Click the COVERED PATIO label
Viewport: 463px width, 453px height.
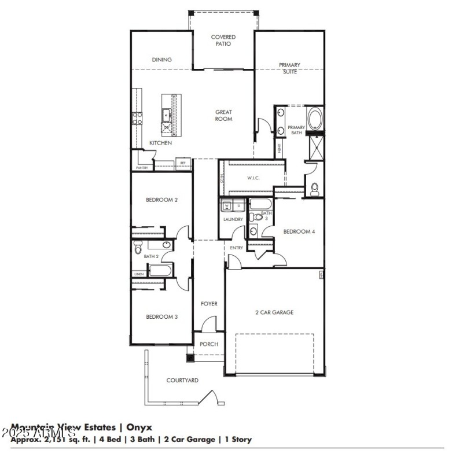point(223,40)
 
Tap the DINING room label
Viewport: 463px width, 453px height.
point(162,60)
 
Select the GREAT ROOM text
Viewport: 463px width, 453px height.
point(223,116)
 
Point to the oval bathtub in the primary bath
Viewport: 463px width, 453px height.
point(315,120)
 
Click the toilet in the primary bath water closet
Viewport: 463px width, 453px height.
point(315,189)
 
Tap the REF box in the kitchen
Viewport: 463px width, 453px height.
point(182,163)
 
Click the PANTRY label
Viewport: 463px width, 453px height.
point(142,168)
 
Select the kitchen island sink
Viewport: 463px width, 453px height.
point(166,113)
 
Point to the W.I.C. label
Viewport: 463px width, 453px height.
point(253,178)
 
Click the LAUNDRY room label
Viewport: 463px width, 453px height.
point(233,219)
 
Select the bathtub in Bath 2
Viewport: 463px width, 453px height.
point(160,271)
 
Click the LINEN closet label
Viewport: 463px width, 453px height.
point(139,274)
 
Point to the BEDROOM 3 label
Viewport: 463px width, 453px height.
point(161,316)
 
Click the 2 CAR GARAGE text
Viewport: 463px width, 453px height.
point(274,312)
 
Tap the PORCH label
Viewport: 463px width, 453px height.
point(209,344)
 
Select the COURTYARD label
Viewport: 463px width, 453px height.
point(182,380)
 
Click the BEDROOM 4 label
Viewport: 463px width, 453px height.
point(299,231)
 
